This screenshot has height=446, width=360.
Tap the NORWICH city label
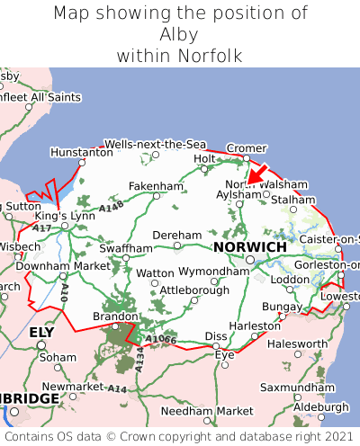point(249,246)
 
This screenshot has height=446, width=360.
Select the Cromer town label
point(247,147)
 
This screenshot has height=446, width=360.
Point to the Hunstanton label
point(81,153)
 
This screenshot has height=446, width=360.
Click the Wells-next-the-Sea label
point(155,144)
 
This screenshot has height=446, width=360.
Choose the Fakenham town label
point(156,186)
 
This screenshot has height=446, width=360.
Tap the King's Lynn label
point(64,217)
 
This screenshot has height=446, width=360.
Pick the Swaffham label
point(126,247)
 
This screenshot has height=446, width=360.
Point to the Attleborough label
point(194,290)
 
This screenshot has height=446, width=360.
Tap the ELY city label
point(41,332)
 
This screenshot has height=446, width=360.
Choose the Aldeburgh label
point(321,406)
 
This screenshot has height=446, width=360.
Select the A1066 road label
point(162,339)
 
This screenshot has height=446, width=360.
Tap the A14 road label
point(117,388)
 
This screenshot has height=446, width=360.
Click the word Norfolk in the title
point(210,56)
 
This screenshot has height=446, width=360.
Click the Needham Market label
point(207,411)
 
